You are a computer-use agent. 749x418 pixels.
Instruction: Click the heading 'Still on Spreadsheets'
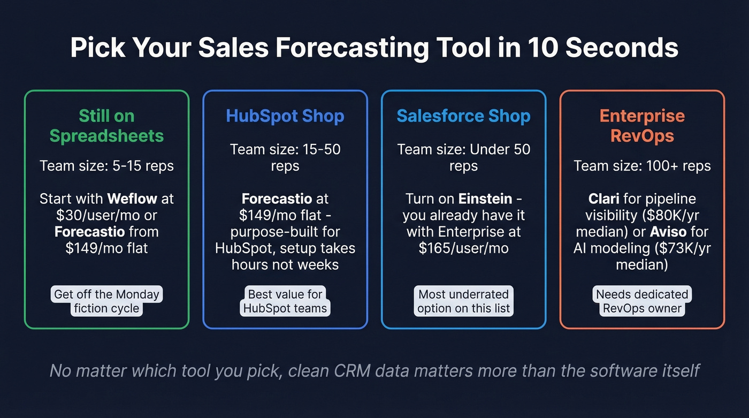[x=107, y=126]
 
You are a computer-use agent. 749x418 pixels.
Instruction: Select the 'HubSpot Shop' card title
[x=285, y=116]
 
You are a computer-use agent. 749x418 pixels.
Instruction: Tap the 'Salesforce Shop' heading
[x=463, y=116]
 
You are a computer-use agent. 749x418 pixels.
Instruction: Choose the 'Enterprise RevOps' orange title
[x=642, y=126]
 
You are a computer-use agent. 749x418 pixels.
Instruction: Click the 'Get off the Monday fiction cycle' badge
[x=107, y=301]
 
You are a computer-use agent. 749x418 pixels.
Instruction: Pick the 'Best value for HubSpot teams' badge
[x=285, y=301]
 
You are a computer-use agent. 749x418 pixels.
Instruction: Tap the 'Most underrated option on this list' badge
[x=463, y=301]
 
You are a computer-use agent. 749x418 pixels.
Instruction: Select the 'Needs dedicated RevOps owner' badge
[x=642, y=301]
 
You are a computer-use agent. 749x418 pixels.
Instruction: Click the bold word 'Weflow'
[x=132, y=199]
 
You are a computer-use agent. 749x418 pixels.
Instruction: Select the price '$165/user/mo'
[x=463, y=249]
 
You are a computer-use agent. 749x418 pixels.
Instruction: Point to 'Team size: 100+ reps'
[x=642, y=166]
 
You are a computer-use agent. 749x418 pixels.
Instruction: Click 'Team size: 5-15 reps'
[x=107, y=166]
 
